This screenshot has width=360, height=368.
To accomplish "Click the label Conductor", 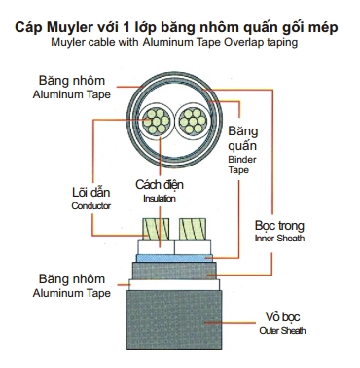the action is [91, 206].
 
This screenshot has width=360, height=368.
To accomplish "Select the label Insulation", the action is [160, 199].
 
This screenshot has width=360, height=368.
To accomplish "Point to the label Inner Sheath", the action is [279, 239].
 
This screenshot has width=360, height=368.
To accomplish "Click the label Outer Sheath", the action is [282, 331].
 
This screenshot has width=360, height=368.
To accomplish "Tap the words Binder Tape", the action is [242, 165].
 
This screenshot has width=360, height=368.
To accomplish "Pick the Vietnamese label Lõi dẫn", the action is [91, 192].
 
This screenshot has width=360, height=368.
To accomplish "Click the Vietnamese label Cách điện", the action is [160, 184].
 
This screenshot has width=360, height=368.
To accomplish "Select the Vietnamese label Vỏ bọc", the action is [282, 316].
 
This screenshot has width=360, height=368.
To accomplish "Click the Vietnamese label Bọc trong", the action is [279, 225].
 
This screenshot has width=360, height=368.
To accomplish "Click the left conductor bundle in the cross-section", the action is [157, 122].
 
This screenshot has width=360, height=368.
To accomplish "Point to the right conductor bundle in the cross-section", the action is [194, 122].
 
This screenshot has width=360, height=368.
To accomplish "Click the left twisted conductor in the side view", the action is [156, 229].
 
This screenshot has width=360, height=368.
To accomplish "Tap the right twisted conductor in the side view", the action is [193, 229].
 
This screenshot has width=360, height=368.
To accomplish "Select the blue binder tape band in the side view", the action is [174, 258].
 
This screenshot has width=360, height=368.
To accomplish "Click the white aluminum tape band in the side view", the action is [174, 284].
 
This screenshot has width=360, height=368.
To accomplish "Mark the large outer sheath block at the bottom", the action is [174, 319].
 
